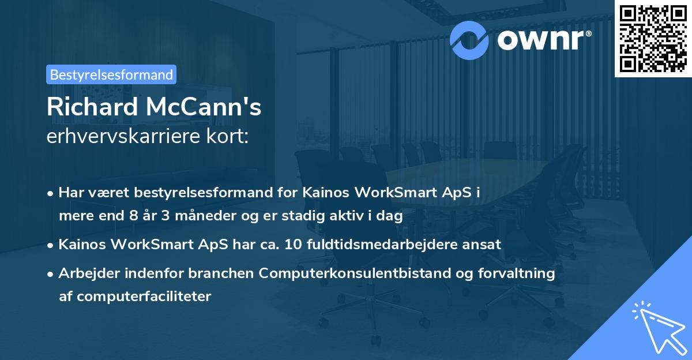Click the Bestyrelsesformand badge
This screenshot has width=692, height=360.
111,74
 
